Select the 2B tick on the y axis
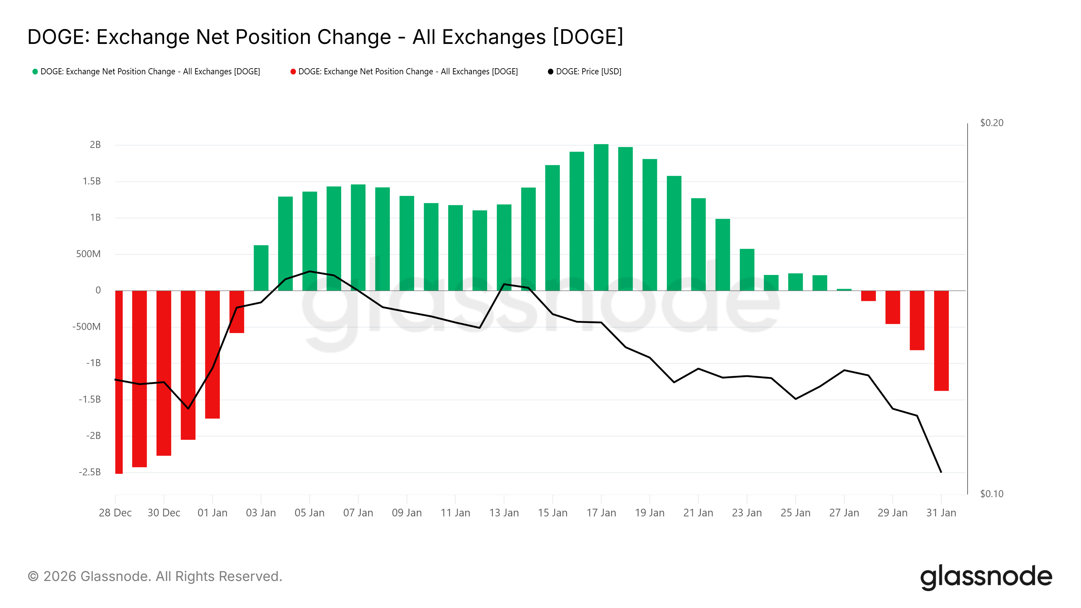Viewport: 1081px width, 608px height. point(95,145)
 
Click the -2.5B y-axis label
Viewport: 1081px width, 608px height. point(90,472)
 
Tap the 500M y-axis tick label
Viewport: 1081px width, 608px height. point(88,254)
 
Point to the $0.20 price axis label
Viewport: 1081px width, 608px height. point(991,123)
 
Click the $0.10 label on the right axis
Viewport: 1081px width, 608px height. point(991,494)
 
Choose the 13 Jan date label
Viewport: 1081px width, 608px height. point(504,513)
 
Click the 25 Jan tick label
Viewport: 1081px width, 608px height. point(795,513)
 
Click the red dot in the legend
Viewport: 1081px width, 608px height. point(293,72)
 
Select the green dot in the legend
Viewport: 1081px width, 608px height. point(35,72)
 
